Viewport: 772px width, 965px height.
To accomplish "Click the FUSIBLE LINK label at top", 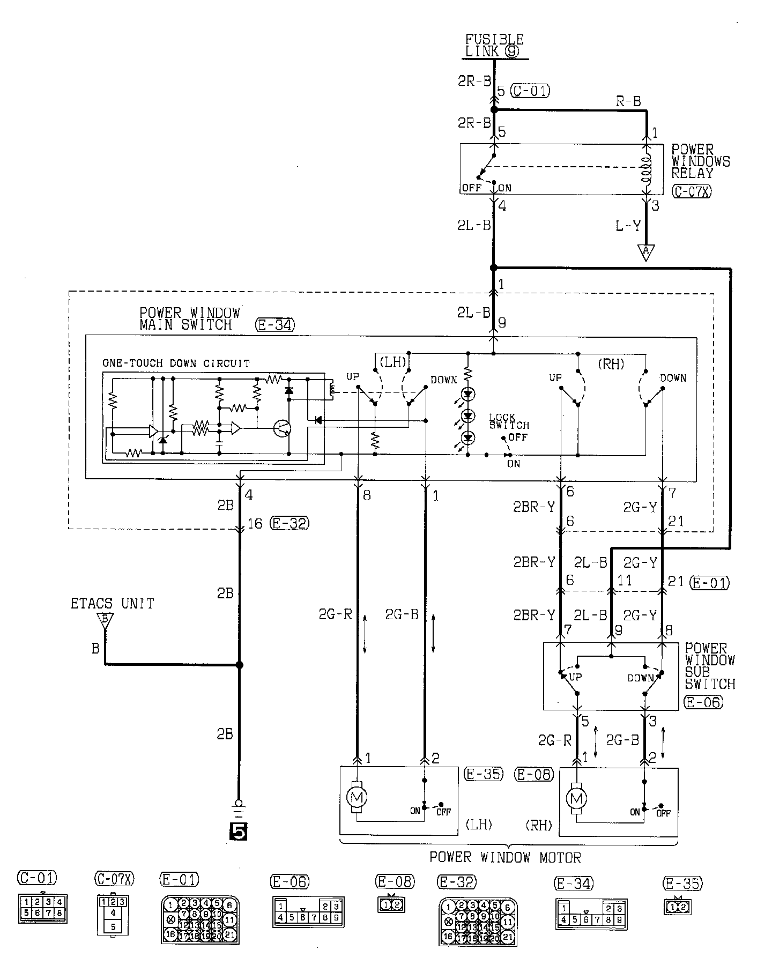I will coord(494,46).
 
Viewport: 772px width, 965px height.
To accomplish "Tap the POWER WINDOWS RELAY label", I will coord(700,161).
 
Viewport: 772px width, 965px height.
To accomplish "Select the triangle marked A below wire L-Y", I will coord(646,252).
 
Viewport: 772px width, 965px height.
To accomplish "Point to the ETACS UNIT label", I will coord(112,604).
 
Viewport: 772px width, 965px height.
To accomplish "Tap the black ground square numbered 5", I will coord(239,830).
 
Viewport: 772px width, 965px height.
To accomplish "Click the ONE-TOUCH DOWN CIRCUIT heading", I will coord(176,363).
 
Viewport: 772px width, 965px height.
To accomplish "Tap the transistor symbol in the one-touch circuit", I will coord(282,428).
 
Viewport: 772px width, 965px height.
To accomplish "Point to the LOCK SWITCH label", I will coord(508,421).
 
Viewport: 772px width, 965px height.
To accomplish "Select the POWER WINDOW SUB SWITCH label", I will coord(709,666).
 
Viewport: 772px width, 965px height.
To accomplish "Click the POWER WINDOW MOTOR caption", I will coord(505,857).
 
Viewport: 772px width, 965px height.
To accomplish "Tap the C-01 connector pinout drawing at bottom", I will coord(42,908).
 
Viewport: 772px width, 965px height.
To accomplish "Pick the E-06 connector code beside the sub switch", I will coord(703,702).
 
